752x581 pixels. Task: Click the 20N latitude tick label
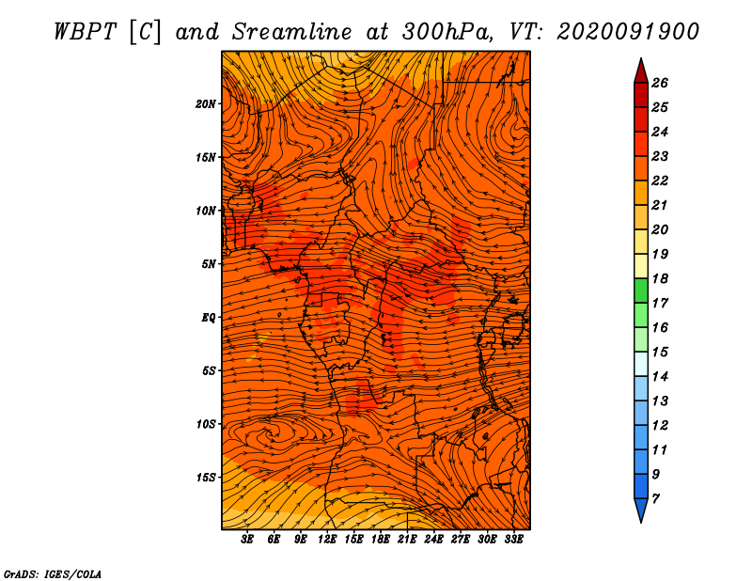[x=205, y=104]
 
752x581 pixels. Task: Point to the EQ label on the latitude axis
[x=208, y=318]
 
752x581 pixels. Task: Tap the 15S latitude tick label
[x=205, y=478]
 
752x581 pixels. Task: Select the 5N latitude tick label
[x=209, y=264]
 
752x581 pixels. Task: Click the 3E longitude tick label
[x=247, y=540]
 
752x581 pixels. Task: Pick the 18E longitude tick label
[x=380, y=540]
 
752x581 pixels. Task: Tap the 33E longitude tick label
[x=513, y=540]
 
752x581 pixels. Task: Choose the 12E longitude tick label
[x=326, y=540]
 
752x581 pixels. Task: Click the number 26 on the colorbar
[x=660, y=83]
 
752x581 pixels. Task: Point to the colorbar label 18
[x=660, y=278]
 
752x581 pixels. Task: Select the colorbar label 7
[x=655, y=499]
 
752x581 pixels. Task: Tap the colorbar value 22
[x=660, y=181]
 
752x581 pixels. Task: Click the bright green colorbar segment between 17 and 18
[x=641, y=290]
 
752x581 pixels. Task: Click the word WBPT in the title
[x=85, y=32]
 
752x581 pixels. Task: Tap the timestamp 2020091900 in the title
[x=628, y=32]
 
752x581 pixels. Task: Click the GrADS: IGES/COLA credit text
[x=53, y=574]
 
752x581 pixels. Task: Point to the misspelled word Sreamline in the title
[x=291, y=32]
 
